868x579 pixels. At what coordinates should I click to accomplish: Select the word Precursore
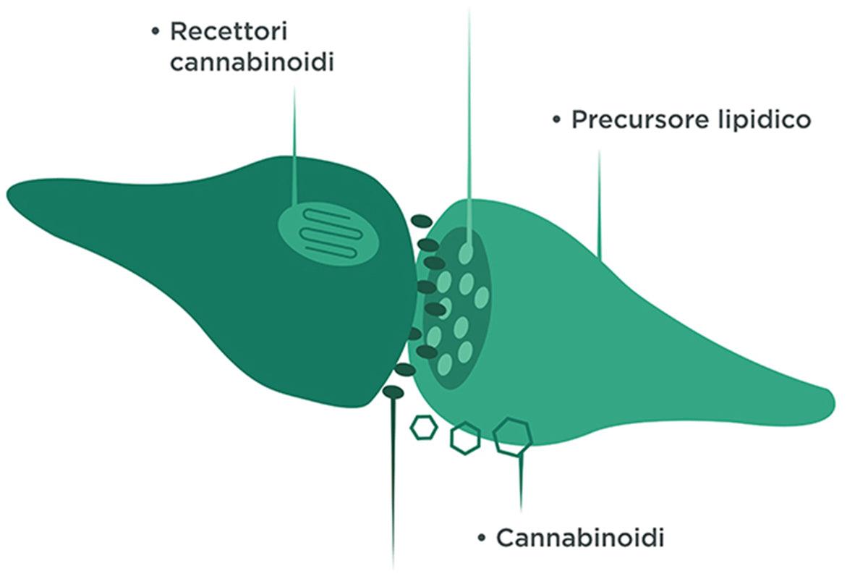tap(634, 119)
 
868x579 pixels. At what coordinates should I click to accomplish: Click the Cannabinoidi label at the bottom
tap(580, 538)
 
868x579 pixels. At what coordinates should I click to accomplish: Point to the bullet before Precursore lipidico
tap(556, 119)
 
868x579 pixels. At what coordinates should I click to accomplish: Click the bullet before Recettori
tap(155, 32)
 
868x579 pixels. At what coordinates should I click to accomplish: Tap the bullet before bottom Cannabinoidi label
tap(482, 538)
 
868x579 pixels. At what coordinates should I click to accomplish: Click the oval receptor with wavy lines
tap(329, 232)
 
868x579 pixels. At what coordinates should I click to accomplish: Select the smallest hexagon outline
tap(423, 427)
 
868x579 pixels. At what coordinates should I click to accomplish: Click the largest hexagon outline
tap(513, 436)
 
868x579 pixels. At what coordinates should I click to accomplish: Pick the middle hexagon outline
tap(465, 438)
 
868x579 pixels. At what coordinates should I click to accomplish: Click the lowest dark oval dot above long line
tap(393, 392)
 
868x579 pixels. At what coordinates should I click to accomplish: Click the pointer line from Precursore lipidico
tap(599, 203)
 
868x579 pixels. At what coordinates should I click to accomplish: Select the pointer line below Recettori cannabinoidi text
tap(295, 145)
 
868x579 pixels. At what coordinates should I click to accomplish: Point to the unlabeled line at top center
tap(469, 109)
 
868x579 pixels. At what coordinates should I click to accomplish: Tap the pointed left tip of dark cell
tap(9, 195)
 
